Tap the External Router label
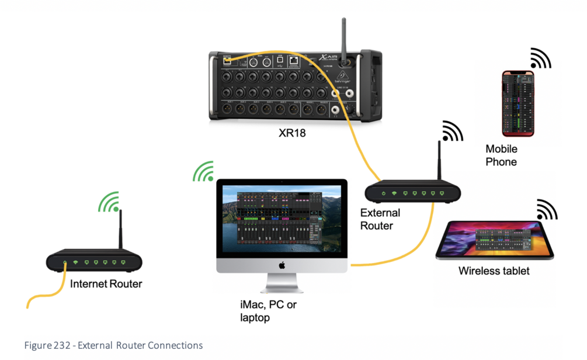380,219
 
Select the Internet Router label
106,285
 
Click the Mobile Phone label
501,155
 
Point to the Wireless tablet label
494,271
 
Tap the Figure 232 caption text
113,345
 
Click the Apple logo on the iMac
282,265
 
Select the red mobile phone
518,103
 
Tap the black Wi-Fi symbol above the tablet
546,210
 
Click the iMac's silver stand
282,284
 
